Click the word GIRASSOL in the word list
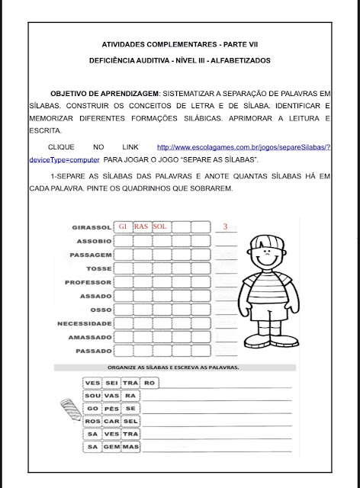tap(92, 227)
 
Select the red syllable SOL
tap(159, 226)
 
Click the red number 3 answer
tap(224, 226)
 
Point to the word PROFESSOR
tap(90, 282)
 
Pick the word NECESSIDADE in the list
tap(85, 323)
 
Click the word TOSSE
tap(98, 268)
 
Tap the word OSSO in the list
tap(100, 310)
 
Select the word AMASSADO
tap(90, 337)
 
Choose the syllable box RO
tap(149, 383)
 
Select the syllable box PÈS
tap(111, 409)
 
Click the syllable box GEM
tap(111, 448)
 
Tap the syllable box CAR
tap(111, 422)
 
